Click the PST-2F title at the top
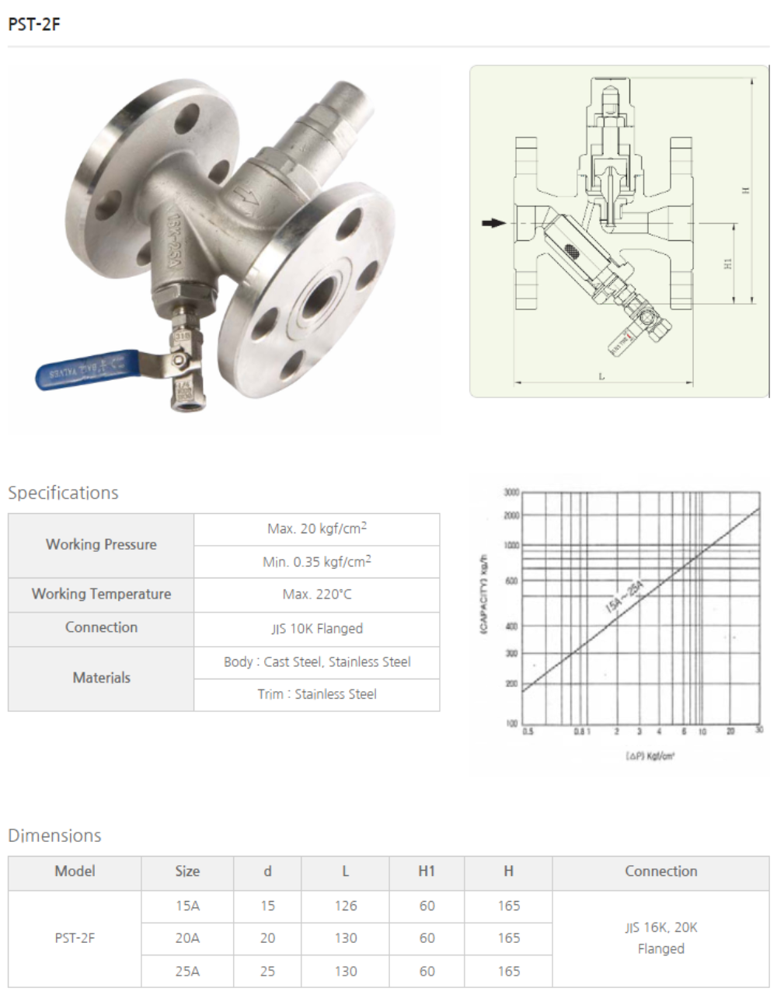(x=34, y=24)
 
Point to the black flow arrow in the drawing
(x=493, y=223)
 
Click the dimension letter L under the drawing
(x=601, y=376)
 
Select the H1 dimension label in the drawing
(x=728, y=264)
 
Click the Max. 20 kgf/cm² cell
(x=316, y=529)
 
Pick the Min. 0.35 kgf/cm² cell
(x=316, y=561)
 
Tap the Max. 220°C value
(x=316, y=595)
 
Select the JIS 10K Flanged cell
(x=316, y=628)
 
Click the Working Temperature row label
(x=101, y=594)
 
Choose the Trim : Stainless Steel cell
(x=316, y=694)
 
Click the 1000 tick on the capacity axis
(x=511, y=546)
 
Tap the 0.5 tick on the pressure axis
(x=528, y=731)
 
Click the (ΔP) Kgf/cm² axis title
(x=650, y=755)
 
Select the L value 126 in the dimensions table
(x=345, y=906)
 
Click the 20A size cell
(x=187, y=938)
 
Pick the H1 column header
(x=427, y=871)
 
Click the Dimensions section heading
(x=54, y=836)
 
